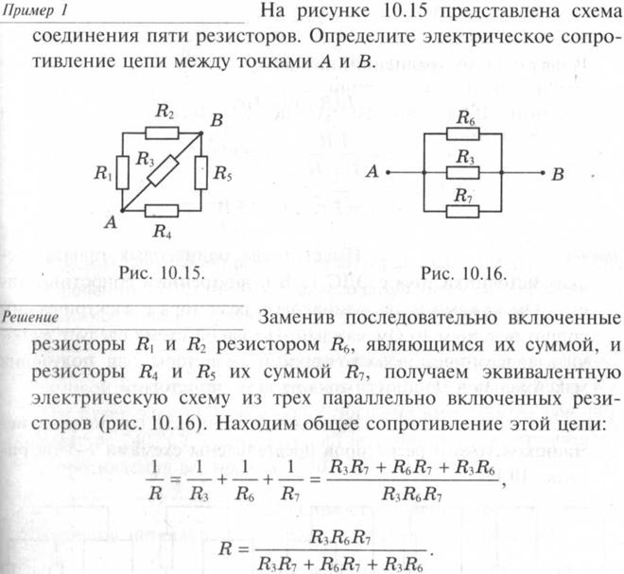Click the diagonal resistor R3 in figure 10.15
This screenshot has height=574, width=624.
(163, 171)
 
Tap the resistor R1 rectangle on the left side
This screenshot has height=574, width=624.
(122, 172)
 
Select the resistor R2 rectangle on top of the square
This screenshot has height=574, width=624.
(162, 133)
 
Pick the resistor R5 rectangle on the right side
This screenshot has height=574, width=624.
(201, 173)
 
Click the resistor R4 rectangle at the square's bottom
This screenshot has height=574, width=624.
(161, 211)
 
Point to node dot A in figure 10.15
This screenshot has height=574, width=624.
(122, 211)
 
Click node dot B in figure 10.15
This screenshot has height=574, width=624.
(201, 133)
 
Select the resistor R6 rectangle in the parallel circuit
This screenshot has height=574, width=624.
(462, 133)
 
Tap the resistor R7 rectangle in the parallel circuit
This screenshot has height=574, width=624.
(462, 211)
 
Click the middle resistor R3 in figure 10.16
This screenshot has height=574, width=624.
(462, 173)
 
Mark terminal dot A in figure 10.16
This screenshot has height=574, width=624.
(388, 173)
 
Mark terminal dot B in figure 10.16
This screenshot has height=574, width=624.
(542, 173)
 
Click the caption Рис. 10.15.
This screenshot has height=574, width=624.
(163, 272)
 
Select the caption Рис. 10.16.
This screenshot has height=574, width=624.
(463, 273)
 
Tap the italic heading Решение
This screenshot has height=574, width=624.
(30, 318)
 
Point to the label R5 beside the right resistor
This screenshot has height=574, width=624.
(222, 174)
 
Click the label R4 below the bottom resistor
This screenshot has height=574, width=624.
(162, 231)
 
